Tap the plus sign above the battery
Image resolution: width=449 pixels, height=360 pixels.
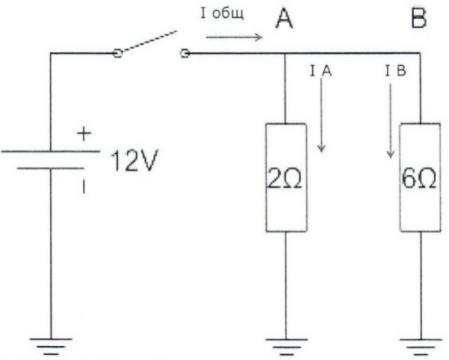84,134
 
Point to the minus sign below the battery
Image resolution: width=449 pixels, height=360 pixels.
84,187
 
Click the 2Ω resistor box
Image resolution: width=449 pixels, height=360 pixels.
286,178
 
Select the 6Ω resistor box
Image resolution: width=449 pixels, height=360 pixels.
420,178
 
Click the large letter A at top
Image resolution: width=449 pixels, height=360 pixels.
284,18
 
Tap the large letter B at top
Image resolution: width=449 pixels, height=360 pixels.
419,18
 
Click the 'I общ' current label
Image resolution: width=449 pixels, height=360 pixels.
222,14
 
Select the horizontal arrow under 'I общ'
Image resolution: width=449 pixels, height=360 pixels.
234,37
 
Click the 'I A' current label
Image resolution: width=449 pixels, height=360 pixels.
321,71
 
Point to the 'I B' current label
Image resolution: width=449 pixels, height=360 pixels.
395,71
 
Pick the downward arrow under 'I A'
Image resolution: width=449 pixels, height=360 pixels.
322,115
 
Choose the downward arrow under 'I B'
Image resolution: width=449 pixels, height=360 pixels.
390,121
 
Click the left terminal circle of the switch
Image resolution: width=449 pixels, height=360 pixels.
117,53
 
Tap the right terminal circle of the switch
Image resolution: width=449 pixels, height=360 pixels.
185,53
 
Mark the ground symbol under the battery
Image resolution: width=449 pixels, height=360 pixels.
51,346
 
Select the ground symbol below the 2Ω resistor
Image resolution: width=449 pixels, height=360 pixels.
286,346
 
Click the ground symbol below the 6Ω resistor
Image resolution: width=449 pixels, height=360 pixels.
420,346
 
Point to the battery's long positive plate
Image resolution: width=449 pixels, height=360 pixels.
51,151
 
